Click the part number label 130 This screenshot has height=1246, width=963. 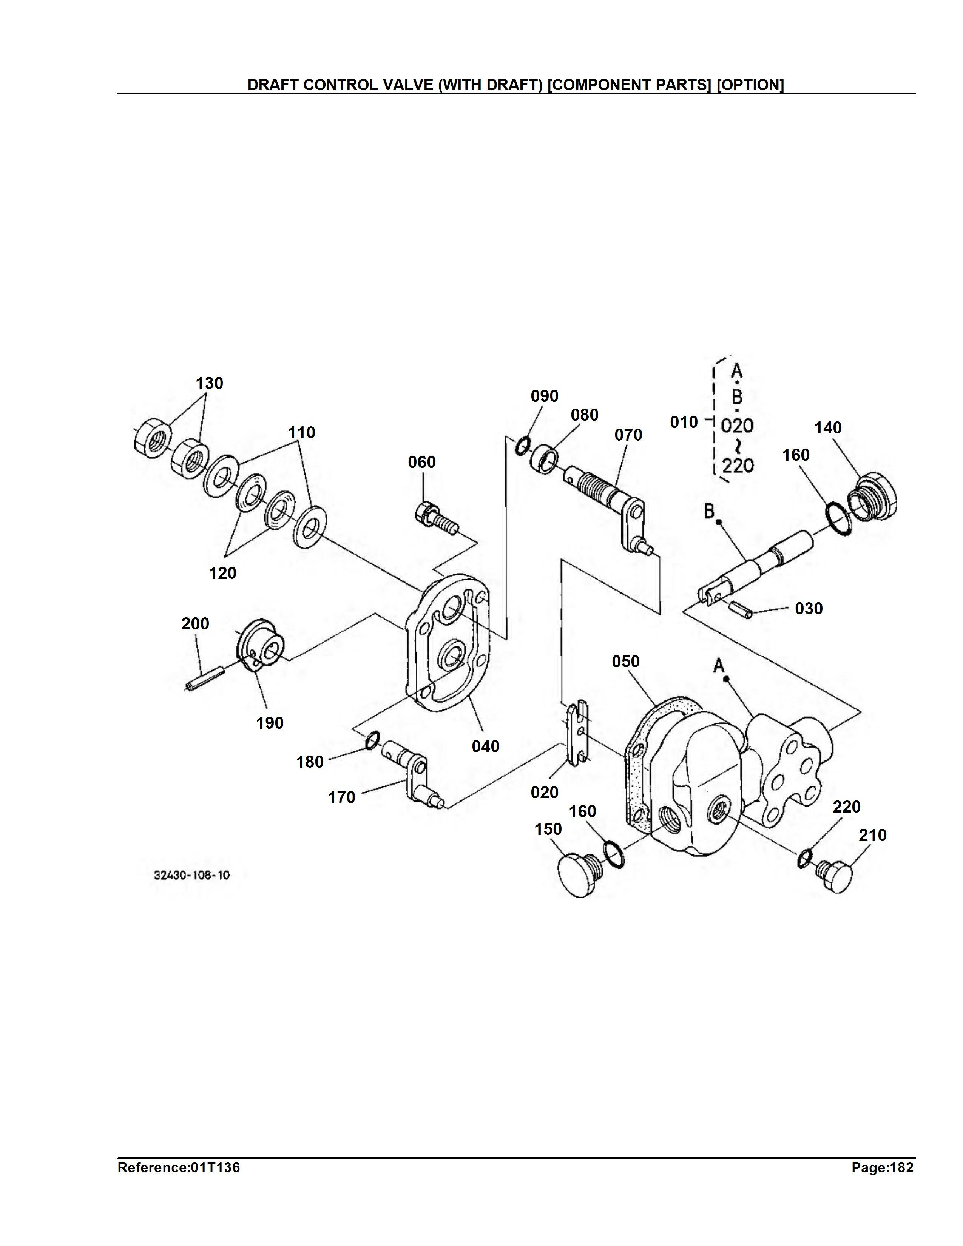pos(209,383)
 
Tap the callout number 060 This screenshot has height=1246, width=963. pos(421,462)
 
